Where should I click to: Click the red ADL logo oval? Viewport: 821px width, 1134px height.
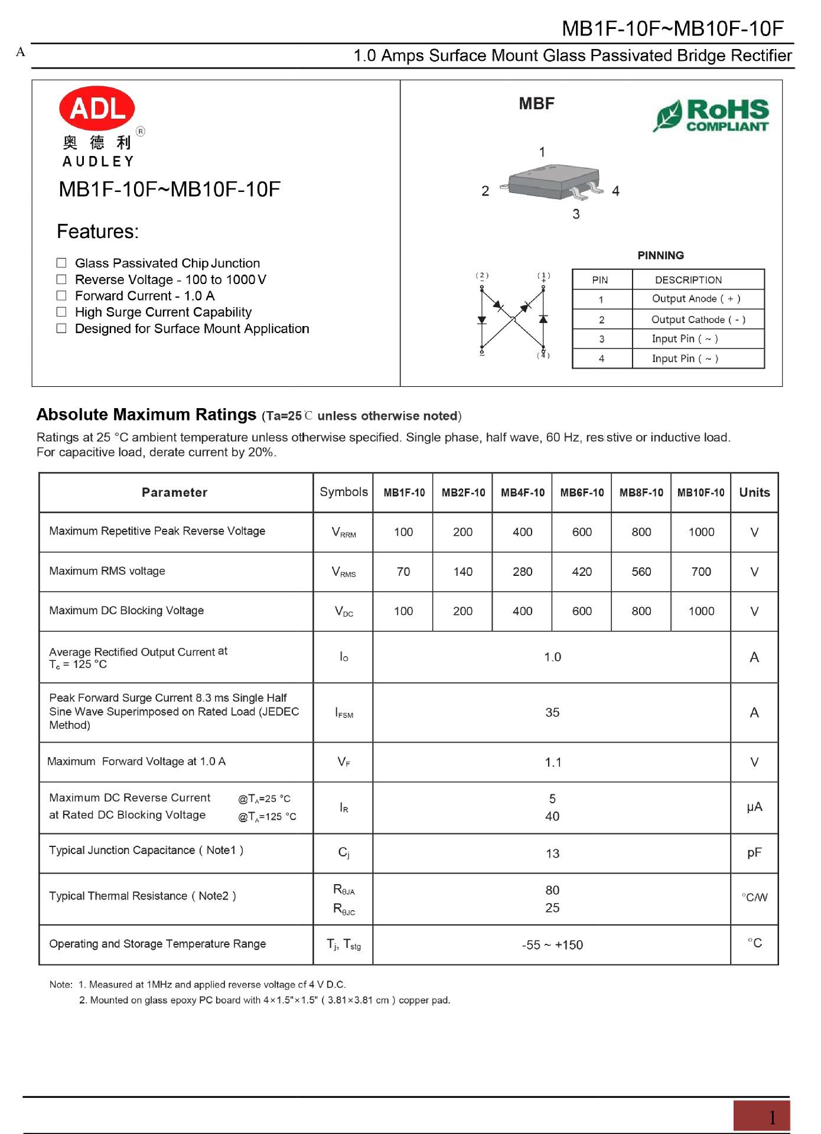pyautogui.click(x=97, y=109)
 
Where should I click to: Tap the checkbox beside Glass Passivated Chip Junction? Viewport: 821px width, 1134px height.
pyautogui.click(x=61, y=263)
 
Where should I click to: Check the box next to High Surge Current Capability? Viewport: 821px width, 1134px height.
pyautogui.click(x=61, y=312)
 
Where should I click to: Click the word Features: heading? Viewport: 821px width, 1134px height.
pyautogui.click(x=97, y=232)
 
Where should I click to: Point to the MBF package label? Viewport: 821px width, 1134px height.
pyautogui.click(x=536, y=104)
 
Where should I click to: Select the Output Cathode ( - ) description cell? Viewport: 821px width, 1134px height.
pyautogui.click(x=698, y=320)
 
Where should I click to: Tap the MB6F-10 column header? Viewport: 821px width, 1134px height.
pyautogui.click(x=582, y=493)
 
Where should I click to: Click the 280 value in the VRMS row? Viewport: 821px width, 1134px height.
pyautogui.click(x=522, y=572)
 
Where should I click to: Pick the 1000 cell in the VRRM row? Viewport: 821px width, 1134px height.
pyautogui.click(x=701, y=532)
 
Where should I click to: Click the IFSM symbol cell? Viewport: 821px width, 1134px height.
pyautogui.click(x=344, y=713)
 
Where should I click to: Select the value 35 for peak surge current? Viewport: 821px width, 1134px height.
pyautogui.click(x=552, y=713)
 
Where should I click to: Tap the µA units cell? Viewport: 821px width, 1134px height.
pyautogui.click(x=754, y=807)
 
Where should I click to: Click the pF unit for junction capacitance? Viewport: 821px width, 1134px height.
pyautogui.click(x=754, y=853)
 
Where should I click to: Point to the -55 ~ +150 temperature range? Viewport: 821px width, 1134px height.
pyautogui.click(x=552, y=945)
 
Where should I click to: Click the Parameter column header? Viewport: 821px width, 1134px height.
pyautogui.click(x=175, y=493)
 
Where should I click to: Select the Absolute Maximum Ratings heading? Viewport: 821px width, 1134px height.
pyautogui.click(x=146, y=415)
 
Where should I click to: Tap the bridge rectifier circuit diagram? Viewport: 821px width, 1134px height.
pyautogui.click(x=513, y=317)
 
